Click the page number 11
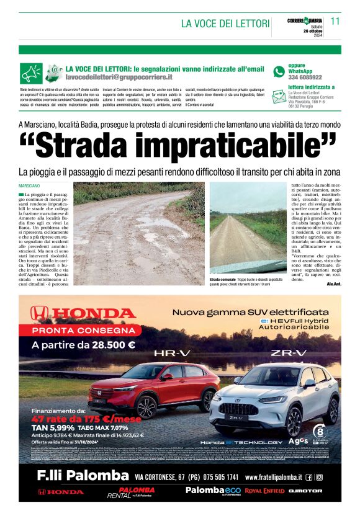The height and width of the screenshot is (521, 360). (x=335, y=20)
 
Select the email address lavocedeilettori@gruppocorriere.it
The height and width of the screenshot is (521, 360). (x=119, y=78)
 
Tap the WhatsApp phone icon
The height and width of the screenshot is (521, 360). (x=279, y=71)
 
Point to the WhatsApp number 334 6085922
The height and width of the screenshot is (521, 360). (x=305, y=78)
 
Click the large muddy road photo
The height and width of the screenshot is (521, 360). (x=140, y=225)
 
